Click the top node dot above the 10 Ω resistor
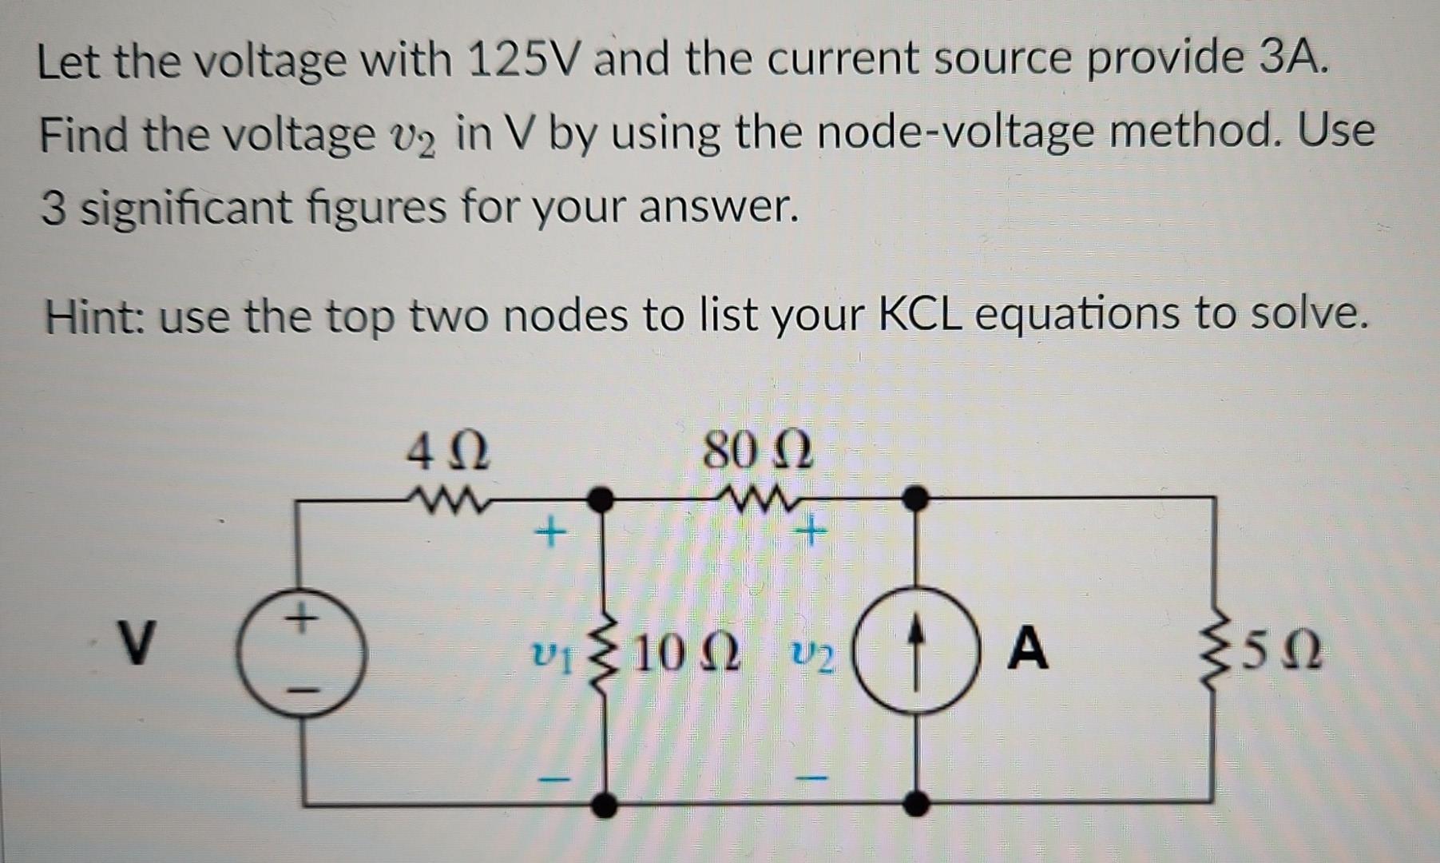(600, 499)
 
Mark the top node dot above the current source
(915, 498)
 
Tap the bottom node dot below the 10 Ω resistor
(605, 804)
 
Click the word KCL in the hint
(919, 315)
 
